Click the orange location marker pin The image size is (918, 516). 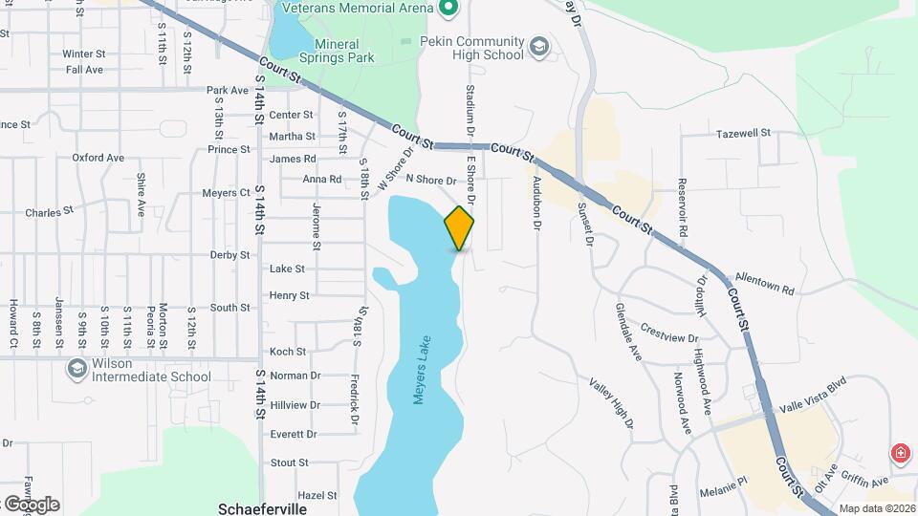(x=459, y=227)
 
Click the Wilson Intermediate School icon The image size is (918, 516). (x=76, y=369)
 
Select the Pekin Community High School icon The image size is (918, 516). (x=539, y=47)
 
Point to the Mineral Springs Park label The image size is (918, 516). (x=337, y=51)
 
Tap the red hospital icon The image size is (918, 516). (x=899, y=453)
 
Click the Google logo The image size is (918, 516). (x=31, y=504)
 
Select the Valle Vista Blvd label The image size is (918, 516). (x=814, y=405)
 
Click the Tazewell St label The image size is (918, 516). (x=743, y=134)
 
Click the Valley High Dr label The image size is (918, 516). (x=610, y=403)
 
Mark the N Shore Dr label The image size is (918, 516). (x=431, y=180)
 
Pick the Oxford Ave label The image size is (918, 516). (x=98, y=158)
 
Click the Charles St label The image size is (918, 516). (x=49, y=212)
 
